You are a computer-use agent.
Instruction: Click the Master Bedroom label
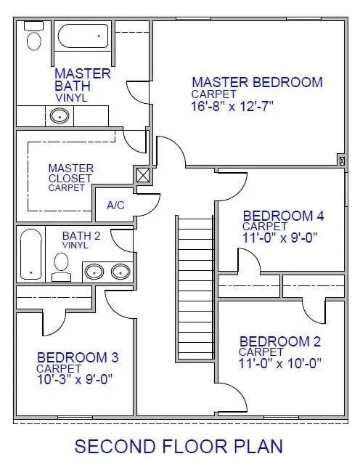coord(257,82)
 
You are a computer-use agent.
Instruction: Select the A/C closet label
coord(115,206)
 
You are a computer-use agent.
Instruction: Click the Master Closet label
coord(70,174)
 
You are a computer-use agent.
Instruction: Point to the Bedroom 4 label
coord(283,216)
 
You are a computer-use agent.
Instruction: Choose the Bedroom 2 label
coord(280,341)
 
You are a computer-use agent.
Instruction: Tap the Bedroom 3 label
coord(78,357)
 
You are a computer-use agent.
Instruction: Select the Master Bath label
coord(82,80)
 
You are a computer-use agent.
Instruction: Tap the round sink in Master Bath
coord(59,115)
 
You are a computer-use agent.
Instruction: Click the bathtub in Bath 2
coord(30,253)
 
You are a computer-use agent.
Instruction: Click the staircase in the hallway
coord(194,288)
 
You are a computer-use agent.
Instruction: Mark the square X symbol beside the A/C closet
coord(143,174)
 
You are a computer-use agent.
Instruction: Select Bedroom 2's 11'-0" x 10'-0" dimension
coord(280,362)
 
